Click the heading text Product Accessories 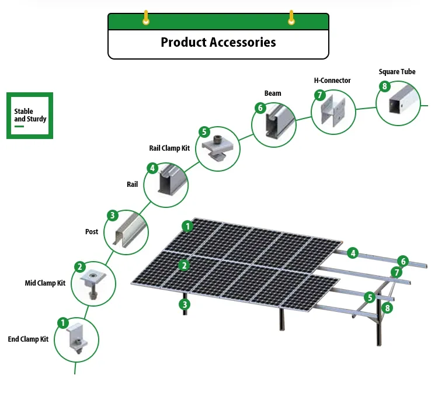click(x=218, y=43)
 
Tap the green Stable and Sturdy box click(x=30, y=115)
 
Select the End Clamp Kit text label click(x=28, y=339)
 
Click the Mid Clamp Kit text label click(x=45, y=283)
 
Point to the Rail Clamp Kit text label click(x=169, y=148)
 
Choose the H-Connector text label click(x=332, y=80)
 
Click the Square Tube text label click(x=397, y=72)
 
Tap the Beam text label click(x=272, y=93)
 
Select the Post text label click(x=92, y=232)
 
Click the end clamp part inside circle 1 click(x=77, y=342)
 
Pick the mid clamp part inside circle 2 click(x=93, y=283)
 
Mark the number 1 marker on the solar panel click(x=187, y=226)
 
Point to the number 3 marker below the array click(x=185, y=304)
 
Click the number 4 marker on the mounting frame click(x=352, y=253)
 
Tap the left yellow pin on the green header click(x=146, y=19)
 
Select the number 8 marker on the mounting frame click(x=386, y=308)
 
